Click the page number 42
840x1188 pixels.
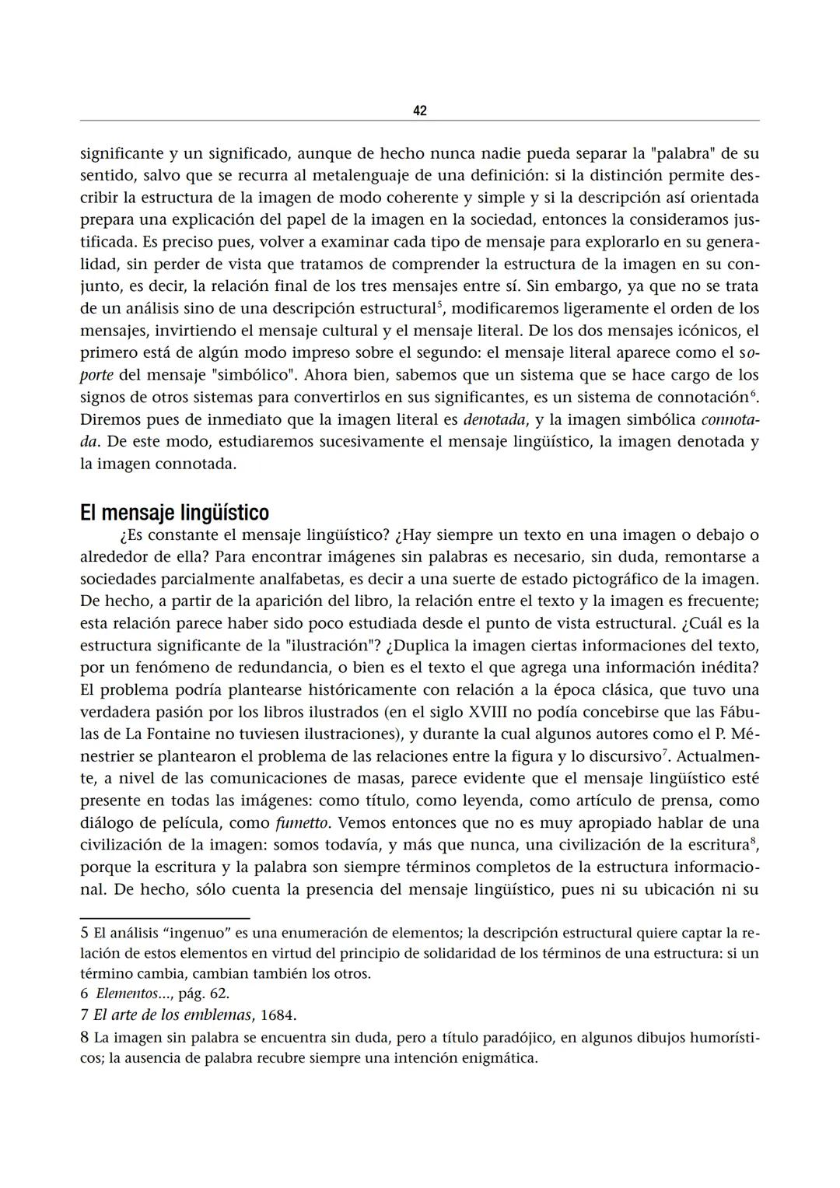coord(419,110)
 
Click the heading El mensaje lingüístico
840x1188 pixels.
coord(174,513)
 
